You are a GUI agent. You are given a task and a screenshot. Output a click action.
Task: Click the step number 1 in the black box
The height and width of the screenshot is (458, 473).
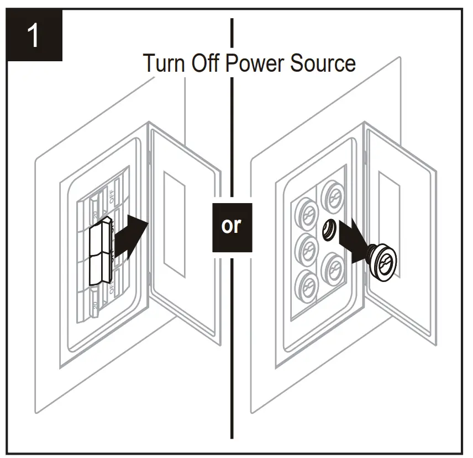click(x=34, y=36)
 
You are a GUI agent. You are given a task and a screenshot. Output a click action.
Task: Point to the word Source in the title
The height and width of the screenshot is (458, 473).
click(x=322, y=63)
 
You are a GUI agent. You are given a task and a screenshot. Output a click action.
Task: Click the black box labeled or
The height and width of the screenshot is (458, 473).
click(x=232, y=227)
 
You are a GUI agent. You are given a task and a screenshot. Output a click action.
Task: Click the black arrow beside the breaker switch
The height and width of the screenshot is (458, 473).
click(x=132, y=236)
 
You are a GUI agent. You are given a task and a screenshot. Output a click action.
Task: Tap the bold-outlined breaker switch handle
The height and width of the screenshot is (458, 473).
click(x=100, y=254)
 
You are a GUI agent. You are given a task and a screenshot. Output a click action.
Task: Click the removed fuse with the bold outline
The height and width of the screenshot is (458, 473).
click(x=382, y=262)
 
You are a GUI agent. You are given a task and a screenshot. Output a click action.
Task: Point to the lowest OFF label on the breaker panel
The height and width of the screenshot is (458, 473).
click(x=113, y=287)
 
